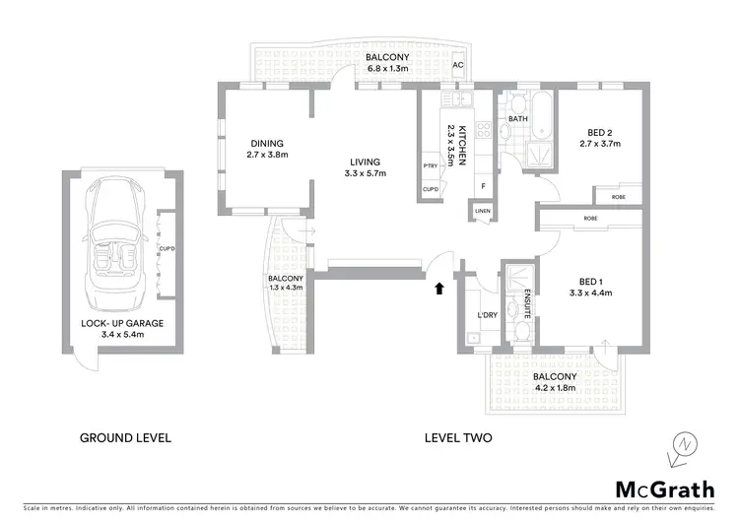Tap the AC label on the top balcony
[457, 66]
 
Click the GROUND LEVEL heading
[126, 436]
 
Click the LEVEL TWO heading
[457, 436]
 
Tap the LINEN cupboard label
[482, 211]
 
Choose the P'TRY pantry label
[430, 165]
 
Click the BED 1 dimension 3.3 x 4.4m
[590, 293]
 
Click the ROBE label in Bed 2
[618, 196]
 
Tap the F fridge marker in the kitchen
[483, 185]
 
